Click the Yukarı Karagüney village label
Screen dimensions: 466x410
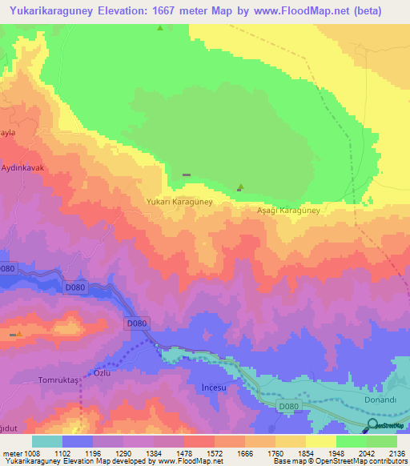(179, 203)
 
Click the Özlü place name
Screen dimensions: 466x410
(102, 373)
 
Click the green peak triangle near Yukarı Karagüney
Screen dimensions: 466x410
(240, 187)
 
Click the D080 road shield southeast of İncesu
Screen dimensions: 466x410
(289, 408)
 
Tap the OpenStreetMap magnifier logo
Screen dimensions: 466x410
(373, 424)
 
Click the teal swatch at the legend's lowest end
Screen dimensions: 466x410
(47, 441)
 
